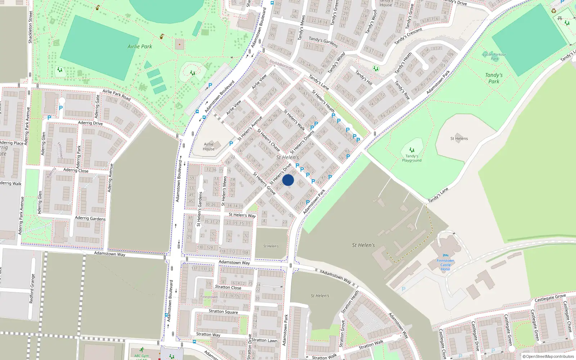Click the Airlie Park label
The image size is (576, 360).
tap(140, 46)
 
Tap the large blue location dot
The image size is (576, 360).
tap(288, 180)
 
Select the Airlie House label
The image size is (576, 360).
tap(208, 147)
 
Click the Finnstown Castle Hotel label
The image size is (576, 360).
tap(445, 265)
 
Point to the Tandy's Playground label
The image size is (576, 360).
tap(412, 158)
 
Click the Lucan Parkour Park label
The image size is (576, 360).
tap(495, 57)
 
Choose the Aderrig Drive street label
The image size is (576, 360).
tap(90, 123)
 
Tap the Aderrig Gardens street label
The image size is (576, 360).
tap(90, 218)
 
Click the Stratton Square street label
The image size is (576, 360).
tap(223, 311)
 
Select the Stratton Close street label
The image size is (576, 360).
tap(228, 287)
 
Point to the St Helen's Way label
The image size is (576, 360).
tap(242, 215)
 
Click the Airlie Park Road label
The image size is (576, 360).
tap(116, 94)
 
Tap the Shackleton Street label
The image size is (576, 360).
tap(30, 27)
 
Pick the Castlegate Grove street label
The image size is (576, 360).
tap(550, 298)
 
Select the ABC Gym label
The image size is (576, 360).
tap(141, 356)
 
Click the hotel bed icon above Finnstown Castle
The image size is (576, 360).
tap(446, 256)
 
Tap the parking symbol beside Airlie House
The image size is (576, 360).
tap(231, 143)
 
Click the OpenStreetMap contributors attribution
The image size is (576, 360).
tap(548, 357)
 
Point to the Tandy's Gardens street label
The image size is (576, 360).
tap(323, 42)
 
